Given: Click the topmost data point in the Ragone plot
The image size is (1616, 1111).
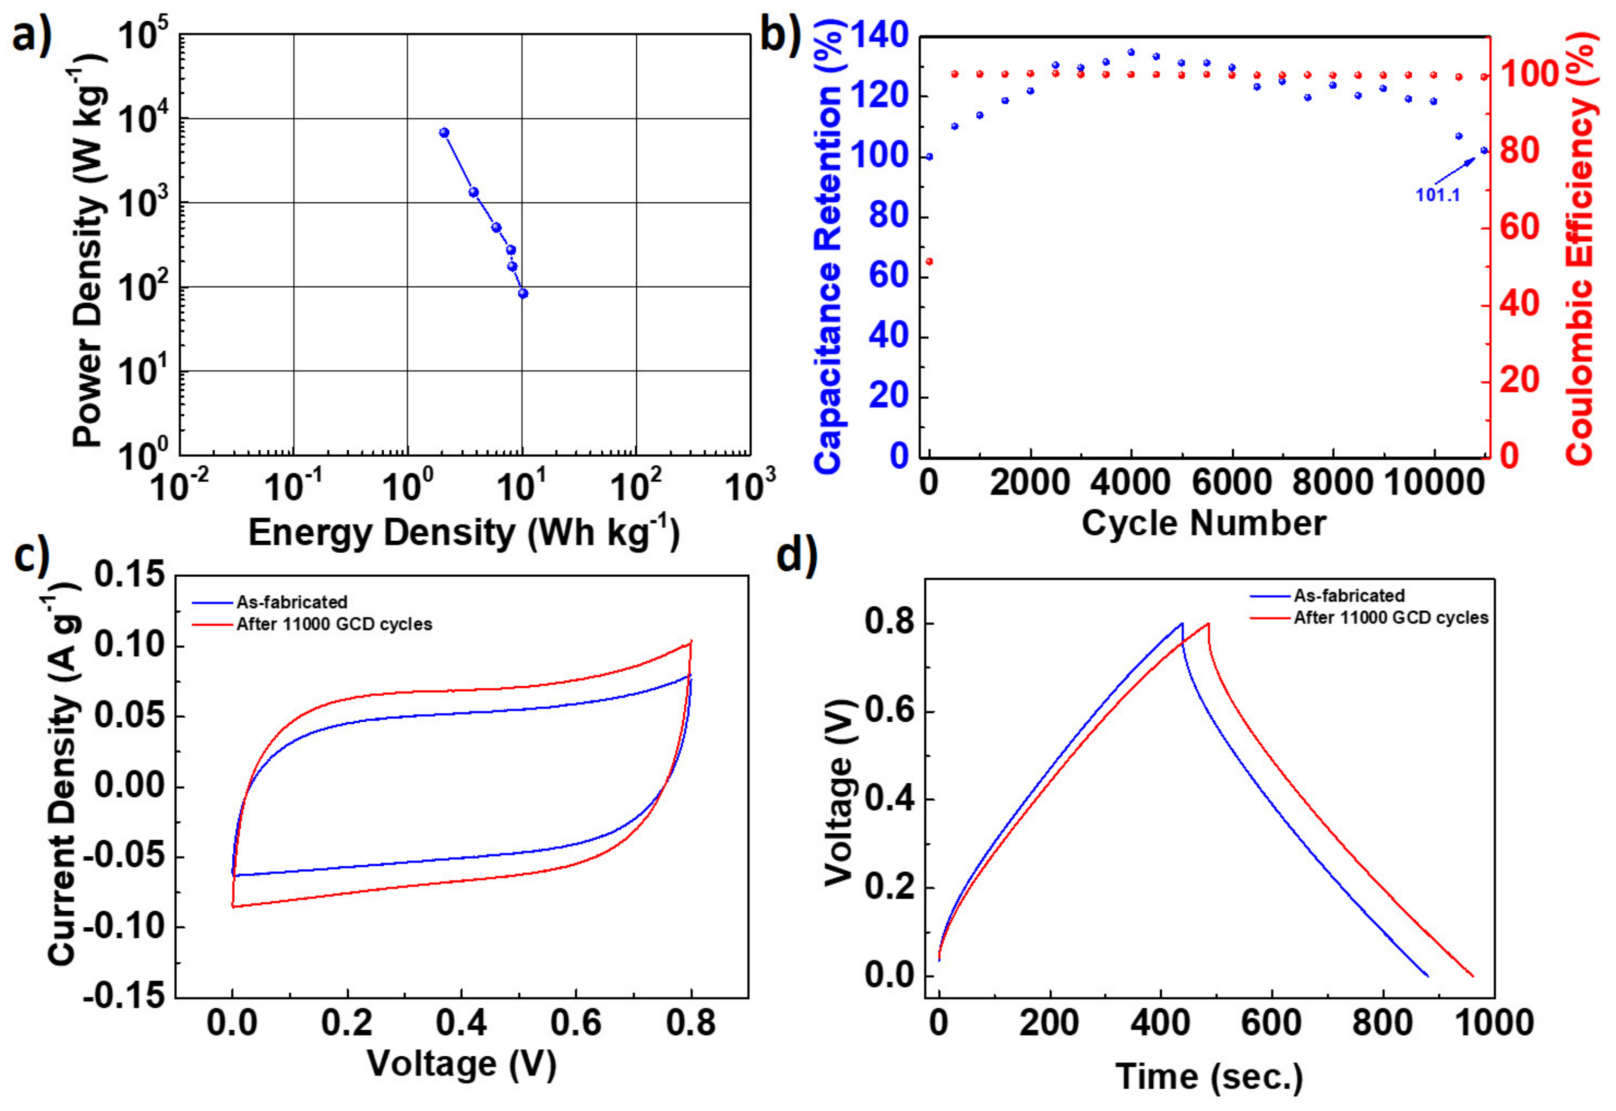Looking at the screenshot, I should point(444,132).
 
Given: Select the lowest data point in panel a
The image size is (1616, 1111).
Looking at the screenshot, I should point(523,294).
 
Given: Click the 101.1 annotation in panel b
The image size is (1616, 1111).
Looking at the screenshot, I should point(1437,195).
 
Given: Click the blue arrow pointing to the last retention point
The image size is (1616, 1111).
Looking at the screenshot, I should point(1455,171).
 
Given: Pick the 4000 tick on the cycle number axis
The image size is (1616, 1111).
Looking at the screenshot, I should point(1130,483).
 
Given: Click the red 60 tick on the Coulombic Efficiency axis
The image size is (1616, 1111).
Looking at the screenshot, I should point(1519,228).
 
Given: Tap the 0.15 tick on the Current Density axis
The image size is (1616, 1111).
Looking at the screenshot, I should point(131,576).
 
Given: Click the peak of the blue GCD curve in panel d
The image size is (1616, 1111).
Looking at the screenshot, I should point(1181,624).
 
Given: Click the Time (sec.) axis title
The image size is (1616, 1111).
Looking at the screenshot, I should point(1209,1076).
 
